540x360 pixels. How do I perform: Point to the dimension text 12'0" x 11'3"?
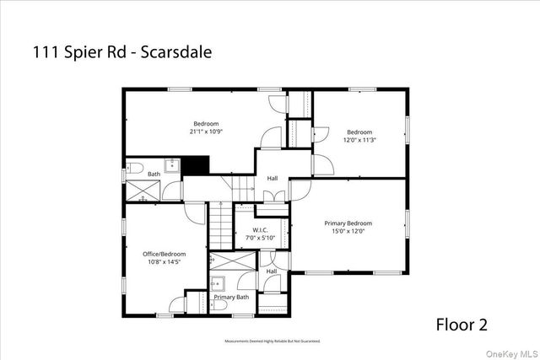[359, 140]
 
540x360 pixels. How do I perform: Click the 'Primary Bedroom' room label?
[348, 223]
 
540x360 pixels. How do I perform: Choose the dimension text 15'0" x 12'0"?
[348, 231]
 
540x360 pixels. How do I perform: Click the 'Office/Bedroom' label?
[165, 253]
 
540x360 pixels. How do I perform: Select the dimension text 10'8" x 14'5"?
[165, 261]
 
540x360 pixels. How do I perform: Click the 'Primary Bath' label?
[230, 297]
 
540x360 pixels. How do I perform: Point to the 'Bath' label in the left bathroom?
[154, 175]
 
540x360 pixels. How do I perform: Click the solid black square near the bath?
[196, 166]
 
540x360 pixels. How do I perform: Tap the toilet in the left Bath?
[133, 167]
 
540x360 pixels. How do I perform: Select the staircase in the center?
[221, 228]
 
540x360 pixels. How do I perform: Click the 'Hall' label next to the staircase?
[273, 178]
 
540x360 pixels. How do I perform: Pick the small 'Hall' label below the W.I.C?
[271, 271]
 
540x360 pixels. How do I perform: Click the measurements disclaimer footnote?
[272, 341]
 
